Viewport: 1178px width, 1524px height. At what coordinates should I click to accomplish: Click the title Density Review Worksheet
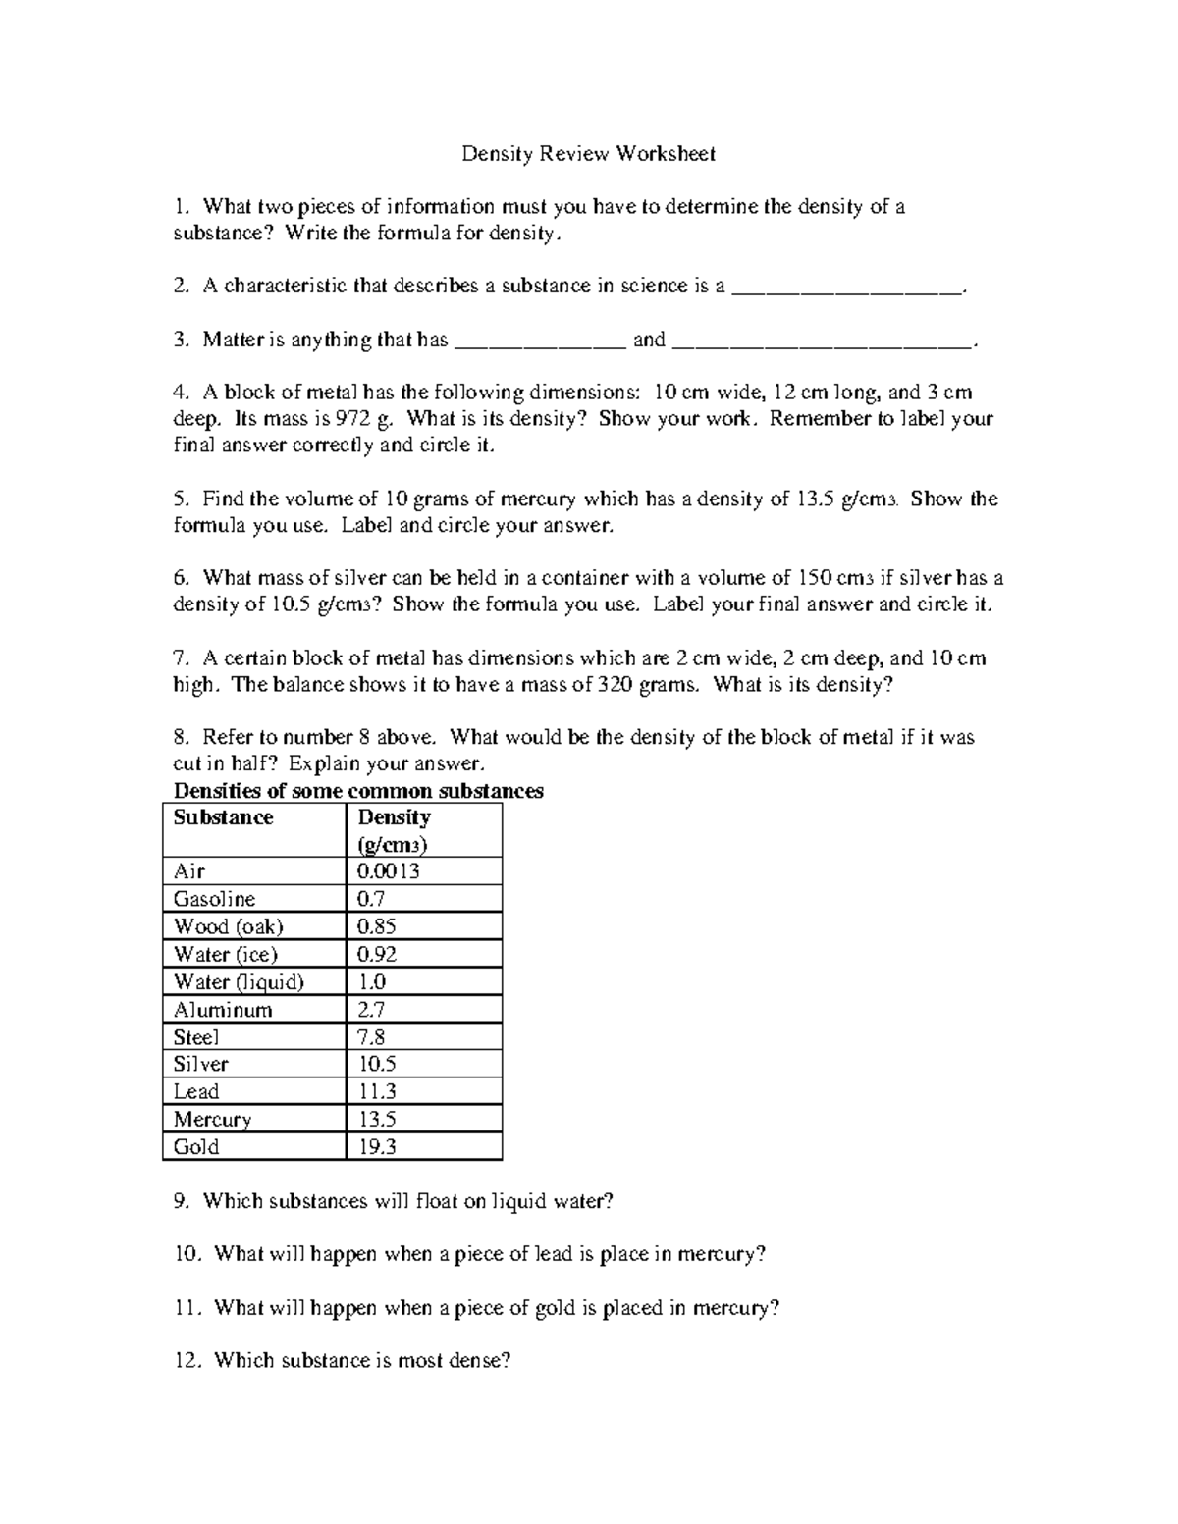pyautogui.click(x=588, y=154)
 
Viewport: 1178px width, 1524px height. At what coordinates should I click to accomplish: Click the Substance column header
pyautogui.click(x=223, y=818)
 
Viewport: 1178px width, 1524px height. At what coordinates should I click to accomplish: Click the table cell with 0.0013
pyautogui.click(x=389, y=871)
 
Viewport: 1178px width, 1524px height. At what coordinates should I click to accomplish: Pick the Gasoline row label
pyautogui.click(x=214, y=899)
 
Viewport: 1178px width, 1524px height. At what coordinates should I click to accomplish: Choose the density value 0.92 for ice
pyautogui.click(x=377, y=954)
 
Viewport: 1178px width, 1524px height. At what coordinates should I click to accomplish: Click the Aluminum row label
pyautogui.click(x=223, y=1010)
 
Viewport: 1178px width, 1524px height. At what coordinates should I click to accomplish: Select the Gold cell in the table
pyautogui.click(x=196, y=1147)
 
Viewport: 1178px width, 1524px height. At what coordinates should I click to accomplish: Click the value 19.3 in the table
pyautogui.click(x=377, y=1147)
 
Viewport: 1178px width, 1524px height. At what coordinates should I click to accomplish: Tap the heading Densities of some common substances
pyautogui.click(x=357, y=791)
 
